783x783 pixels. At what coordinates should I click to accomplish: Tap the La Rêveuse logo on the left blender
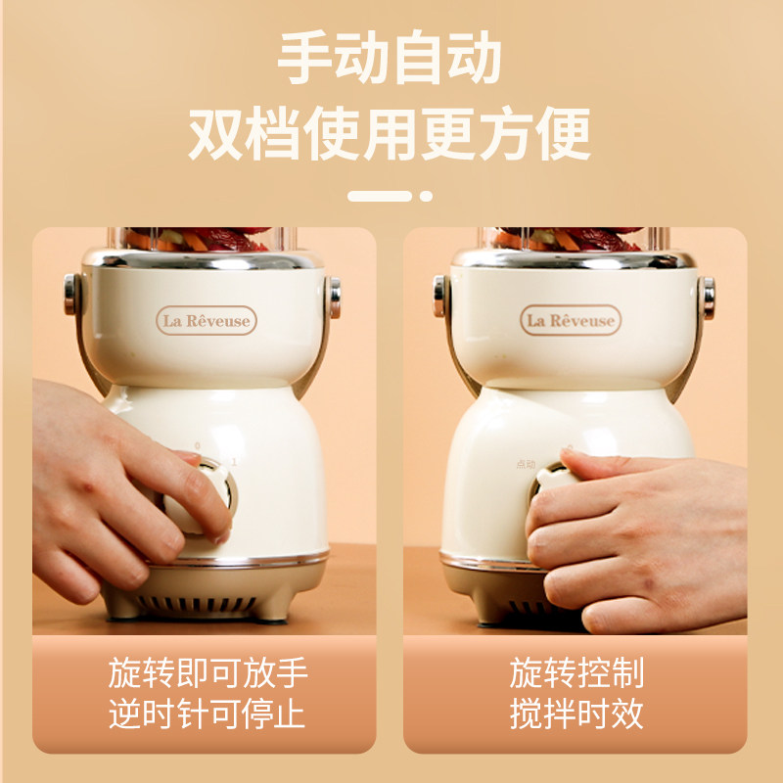pyautogui.click(x=206, y=320)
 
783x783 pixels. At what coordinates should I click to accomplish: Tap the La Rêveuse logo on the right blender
pyautogui.click(x=571, y=320)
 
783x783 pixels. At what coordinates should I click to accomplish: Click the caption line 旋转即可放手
pyautogui.click(x=207, y=673)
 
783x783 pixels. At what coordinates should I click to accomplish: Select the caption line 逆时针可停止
pyautogui.click(x=207, y=714)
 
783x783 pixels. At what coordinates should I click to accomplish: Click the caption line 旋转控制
pyautogui.click(x=576, y=673)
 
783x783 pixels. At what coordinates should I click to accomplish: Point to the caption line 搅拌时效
pyautogui.click(x=576, y=714)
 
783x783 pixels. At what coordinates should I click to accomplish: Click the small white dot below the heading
pyautogui.click(x=426, y=196)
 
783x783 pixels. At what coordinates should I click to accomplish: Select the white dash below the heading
pyautogui.click(x=379, y=196)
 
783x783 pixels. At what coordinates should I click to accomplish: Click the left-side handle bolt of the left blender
pyautogui.click(x=70, y=295)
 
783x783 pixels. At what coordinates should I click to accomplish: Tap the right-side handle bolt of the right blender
pyautogui.click(x=708, y=297)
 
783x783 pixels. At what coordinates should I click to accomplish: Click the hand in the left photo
pyautogui.click(x=108, y=489)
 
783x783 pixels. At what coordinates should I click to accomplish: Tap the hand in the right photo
pyautogui.click(x=636, y=538)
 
